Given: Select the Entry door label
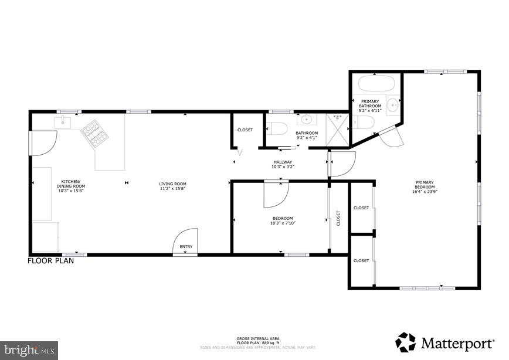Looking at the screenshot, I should (186, 247).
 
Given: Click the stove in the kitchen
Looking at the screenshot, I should (94, 133).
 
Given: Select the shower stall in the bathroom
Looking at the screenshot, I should (337, 127).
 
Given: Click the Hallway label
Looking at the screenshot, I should (282, 162).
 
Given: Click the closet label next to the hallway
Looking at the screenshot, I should (245, 130).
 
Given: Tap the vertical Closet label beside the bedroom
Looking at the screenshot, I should (338, 218).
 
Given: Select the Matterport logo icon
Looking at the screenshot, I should (405, 342).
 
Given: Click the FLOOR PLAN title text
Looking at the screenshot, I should (51, 261).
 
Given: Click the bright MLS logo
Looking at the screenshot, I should (28, 351).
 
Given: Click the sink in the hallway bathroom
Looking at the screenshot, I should (305, 121).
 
